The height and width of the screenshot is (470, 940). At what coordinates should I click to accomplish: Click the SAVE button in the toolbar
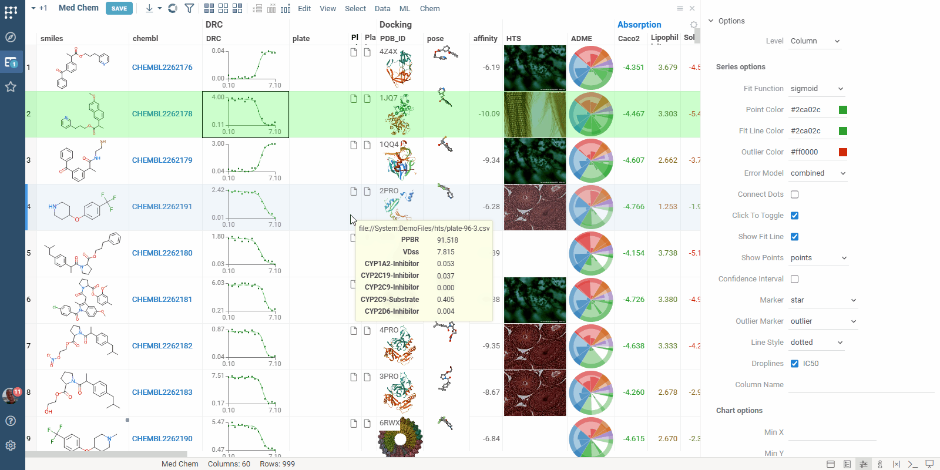click(119, 8)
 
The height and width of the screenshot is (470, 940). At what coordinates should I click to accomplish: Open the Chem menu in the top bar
click(429, 9)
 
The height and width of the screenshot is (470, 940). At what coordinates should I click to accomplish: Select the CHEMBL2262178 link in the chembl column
click(162, 114)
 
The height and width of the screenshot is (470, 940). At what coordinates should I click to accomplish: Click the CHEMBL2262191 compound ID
click(162, 207)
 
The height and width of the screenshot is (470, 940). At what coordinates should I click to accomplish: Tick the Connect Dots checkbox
click(794, 194)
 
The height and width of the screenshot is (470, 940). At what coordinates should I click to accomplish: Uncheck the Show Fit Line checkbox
click(794, 237)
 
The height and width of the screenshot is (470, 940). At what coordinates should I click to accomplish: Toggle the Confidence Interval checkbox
click(794, 279)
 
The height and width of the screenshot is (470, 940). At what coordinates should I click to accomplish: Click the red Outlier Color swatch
click(842, 152)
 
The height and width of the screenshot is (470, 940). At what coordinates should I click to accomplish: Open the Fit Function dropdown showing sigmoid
click(817, 89)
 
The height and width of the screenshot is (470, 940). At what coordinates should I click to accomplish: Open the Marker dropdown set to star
click(823, 300)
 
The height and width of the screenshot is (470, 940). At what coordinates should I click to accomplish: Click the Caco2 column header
click(629, 39)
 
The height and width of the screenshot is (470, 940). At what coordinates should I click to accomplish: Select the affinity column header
click(485, 39)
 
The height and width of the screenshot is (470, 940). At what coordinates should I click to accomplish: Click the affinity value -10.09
click(489, 114)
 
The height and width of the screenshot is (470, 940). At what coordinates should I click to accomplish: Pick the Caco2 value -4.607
click(634, 160)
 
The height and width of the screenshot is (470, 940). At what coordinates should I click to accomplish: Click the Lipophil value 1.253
click(667, 207)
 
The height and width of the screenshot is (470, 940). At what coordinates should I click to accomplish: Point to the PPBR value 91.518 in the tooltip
click(447, 240)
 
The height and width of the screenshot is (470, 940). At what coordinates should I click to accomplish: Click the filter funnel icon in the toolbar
click(189, 8)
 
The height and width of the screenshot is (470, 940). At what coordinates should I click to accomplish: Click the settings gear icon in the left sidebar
click(11, 445)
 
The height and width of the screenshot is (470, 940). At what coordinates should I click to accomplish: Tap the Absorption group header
click(639, 25)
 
